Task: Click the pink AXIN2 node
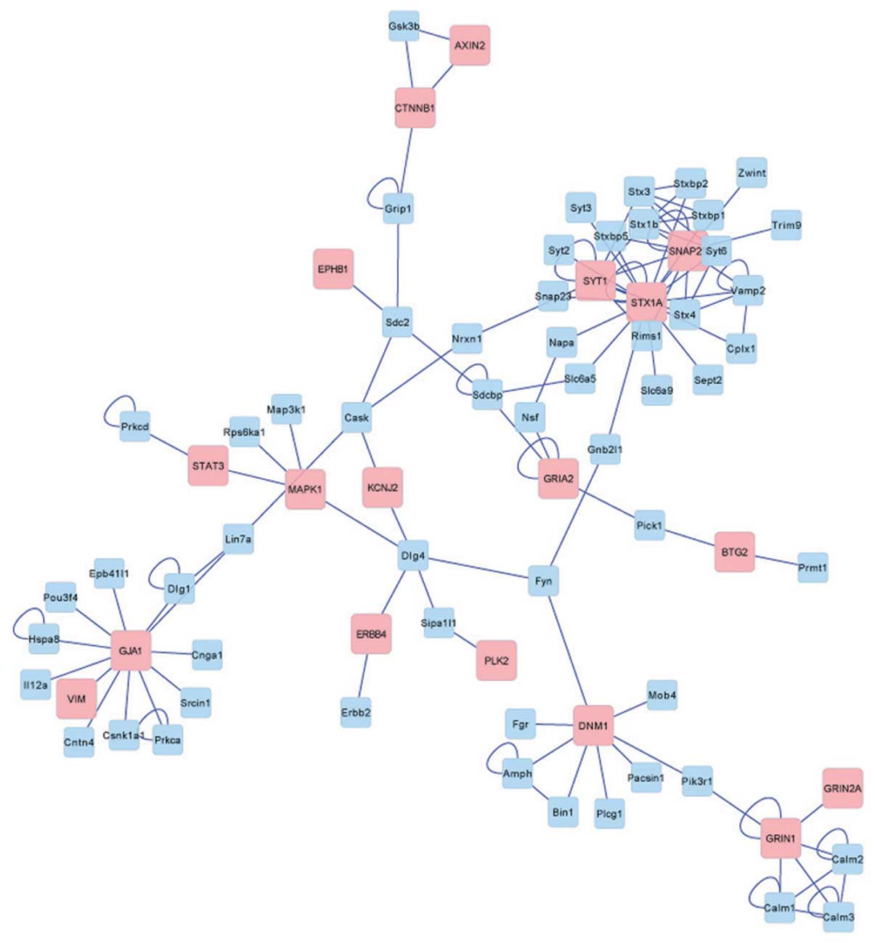[x=469, y=46]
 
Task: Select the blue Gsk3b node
[x=404, y=27]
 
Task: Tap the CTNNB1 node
[x=415, y=108]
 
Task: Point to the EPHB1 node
[x=333, y=269]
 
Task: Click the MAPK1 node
[x=305, y=489]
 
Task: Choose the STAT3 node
[x=208, y=465]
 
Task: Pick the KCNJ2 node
[x=382, y=487]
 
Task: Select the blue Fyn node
[x=543, y=581]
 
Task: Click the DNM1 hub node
[x=593, y=725]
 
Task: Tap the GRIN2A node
[x=842, y=788]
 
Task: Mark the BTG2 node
[x=734, y=552]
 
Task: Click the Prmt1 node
[x=813, y=568]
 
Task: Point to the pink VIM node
[x=76, y=699]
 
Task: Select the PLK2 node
[x=497, y=661]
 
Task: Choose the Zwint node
[x=752, y=174]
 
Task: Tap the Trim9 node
[x=786, y=225]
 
